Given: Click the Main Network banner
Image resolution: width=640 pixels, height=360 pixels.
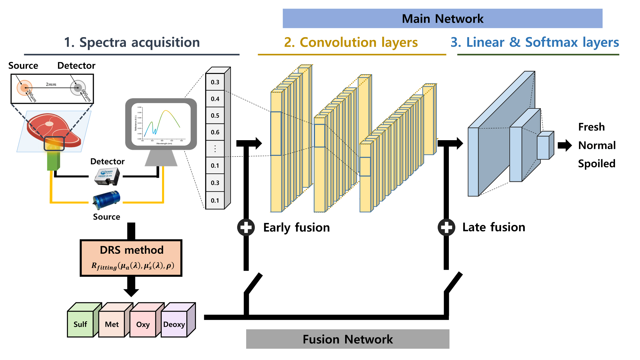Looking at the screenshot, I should pos(442,19).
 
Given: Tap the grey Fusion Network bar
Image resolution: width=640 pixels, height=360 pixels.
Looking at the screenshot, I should pos(347,339).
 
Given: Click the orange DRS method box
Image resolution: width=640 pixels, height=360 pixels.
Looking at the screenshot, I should pos(131,258).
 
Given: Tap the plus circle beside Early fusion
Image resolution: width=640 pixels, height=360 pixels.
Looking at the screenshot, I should pos(246,228).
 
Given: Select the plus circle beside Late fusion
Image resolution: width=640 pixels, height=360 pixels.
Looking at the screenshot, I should pos(446,228).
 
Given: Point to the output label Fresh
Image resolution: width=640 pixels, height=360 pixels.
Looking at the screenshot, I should pos(591,127).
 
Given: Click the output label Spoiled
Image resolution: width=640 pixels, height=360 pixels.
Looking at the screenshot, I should pos(596,164).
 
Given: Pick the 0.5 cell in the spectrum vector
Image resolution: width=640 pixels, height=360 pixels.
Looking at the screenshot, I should pos(215,116).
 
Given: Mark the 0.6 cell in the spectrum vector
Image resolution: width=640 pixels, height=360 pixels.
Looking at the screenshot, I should pos(215,132).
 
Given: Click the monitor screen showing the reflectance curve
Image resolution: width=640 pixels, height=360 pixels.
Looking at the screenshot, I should pos(161,124).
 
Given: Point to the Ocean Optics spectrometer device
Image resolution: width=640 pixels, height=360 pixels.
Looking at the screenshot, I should pos(107,177).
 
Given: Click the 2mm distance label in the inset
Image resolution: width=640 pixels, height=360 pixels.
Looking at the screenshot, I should pos(51,84).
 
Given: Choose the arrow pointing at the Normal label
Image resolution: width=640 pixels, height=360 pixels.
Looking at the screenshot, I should pos(564,146).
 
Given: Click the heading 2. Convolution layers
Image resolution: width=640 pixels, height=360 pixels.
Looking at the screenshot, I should pos(351,42).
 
